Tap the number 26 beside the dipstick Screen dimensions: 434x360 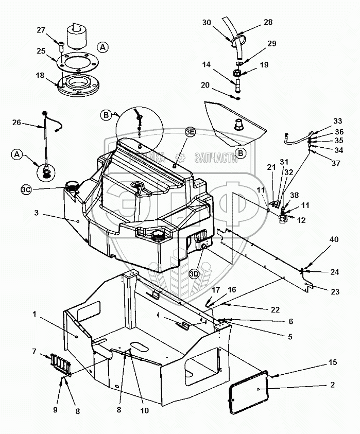(18, 123)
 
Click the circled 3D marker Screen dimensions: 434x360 (194, 273)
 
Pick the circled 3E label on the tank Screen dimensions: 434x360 (190, 132)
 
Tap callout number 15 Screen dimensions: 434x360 (333, 362)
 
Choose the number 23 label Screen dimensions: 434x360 (335, 291)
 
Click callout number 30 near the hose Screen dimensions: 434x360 (206, 23)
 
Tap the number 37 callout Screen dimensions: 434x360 (336, 164)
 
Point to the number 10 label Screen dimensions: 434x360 (144, 411)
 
